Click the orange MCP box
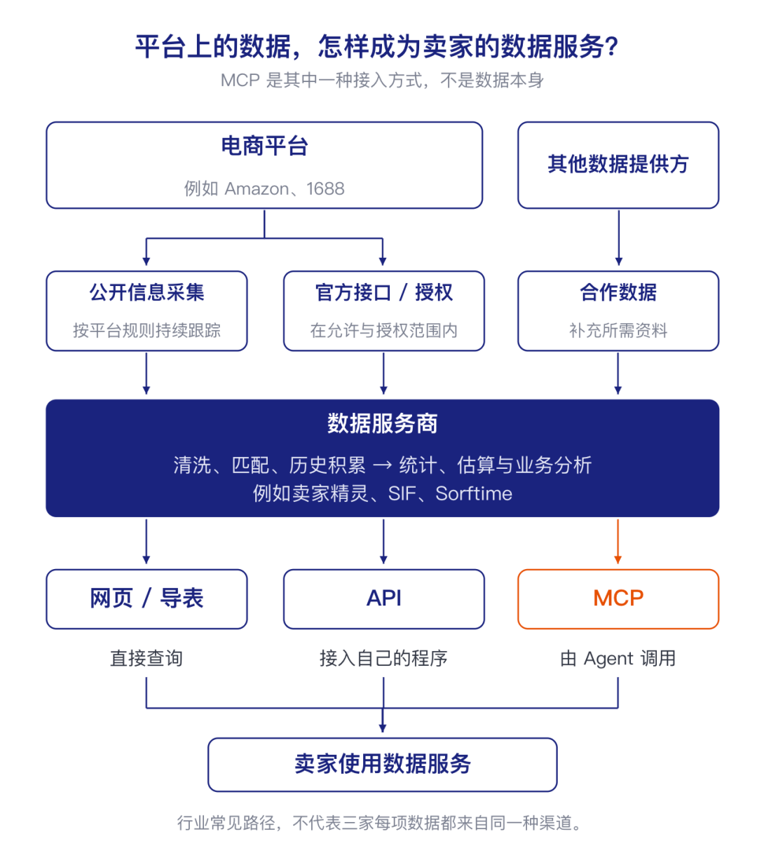(618, 599)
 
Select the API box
(384, 599)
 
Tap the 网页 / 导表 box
(146, 599)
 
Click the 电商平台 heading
(265, 146)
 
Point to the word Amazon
(257, 189)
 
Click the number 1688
(325, 189)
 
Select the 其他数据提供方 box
(618, 165)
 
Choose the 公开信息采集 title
(146, 292)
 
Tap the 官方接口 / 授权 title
(384, 292)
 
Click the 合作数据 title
(618, 292)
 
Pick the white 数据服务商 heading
(383, 423)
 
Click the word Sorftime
(474, 493)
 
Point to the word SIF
(402, 493)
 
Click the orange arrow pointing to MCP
(618, 542)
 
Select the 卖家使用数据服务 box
(383, 765)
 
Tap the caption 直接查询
(146, 658)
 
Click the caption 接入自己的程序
(383, 658)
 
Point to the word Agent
(608, 659)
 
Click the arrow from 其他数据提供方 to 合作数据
(619, 238)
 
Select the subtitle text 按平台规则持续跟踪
(146, 330)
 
